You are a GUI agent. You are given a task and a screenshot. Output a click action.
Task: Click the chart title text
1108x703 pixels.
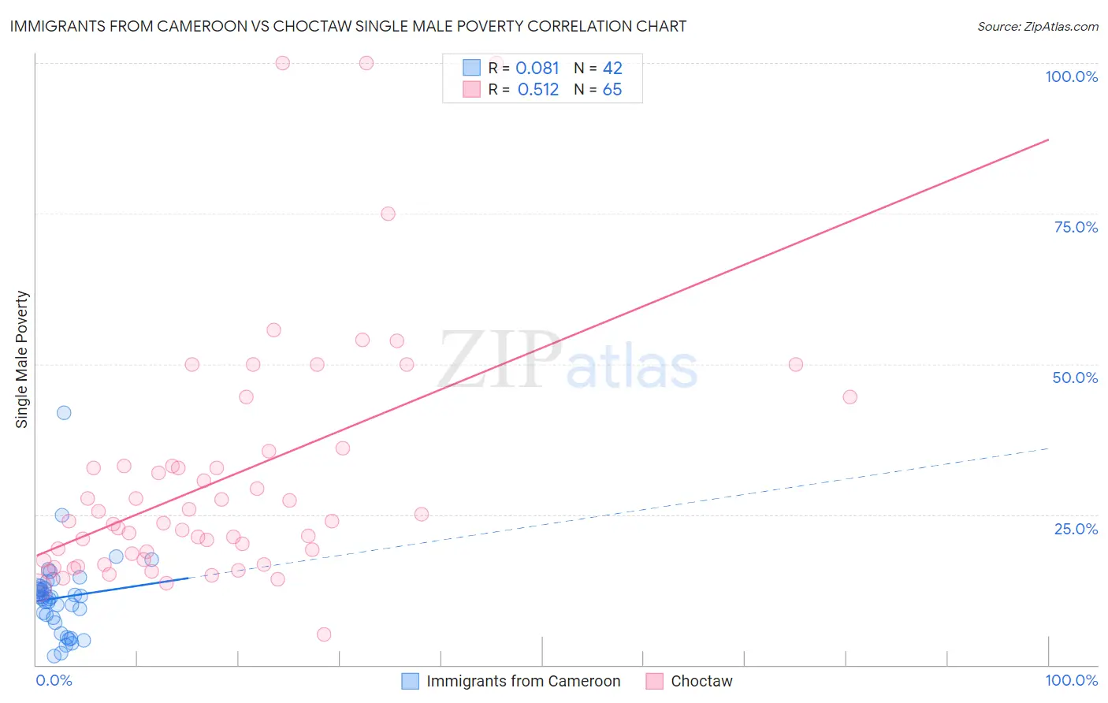[348, 26]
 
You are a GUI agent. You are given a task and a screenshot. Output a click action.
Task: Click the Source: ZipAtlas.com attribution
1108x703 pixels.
[1037, 26]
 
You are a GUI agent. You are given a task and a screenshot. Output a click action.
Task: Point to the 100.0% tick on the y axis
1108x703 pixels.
[1071, 76]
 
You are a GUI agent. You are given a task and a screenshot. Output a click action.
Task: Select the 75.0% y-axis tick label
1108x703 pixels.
[1076, 227]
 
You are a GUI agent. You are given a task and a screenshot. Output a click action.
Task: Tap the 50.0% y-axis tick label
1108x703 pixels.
[1075, 378]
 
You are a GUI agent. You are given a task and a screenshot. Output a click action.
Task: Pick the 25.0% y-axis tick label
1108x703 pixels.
[1076, 529]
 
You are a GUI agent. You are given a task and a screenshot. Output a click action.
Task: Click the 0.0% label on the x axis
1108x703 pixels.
[54, 680]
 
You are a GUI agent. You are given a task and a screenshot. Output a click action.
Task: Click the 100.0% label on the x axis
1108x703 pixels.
[1071, 680]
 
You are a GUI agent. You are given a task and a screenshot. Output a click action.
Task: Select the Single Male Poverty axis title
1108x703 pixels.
[22, 359]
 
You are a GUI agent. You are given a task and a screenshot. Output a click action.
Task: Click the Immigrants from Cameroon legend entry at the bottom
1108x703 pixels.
[522, 681]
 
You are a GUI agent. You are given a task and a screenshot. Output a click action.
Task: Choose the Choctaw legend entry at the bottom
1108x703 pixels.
[701, 681]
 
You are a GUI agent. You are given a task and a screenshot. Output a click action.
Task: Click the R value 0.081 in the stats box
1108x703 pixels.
[537, 69]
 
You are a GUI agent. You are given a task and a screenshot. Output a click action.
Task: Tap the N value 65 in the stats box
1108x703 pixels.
[612, 90]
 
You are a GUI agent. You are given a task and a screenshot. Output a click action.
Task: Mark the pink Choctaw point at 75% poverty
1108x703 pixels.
[388, 214]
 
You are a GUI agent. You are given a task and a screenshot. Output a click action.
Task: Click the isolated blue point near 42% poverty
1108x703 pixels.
[64, 413]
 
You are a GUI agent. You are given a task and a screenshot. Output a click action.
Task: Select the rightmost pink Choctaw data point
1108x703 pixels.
[850, 397]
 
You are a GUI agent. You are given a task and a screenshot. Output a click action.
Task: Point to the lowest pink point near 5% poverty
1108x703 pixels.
[323, 634]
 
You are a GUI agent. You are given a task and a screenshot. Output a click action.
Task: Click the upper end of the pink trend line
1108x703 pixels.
[1048, 139]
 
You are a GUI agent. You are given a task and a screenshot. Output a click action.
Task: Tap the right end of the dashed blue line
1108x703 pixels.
[1048, 448]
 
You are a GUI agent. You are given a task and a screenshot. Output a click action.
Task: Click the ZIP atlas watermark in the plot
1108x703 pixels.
[567, 361]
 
